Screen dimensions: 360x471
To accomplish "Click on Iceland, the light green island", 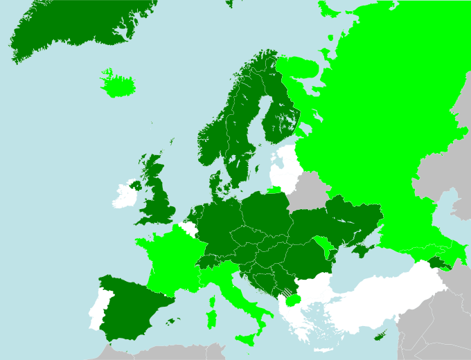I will (x=116, y=85).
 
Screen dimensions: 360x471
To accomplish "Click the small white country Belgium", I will (x=187, y=228).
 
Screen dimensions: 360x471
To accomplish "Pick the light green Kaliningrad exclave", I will (x=276, y=189).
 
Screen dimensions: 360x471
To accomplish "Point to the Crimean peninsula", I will (x=361, y=249).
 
